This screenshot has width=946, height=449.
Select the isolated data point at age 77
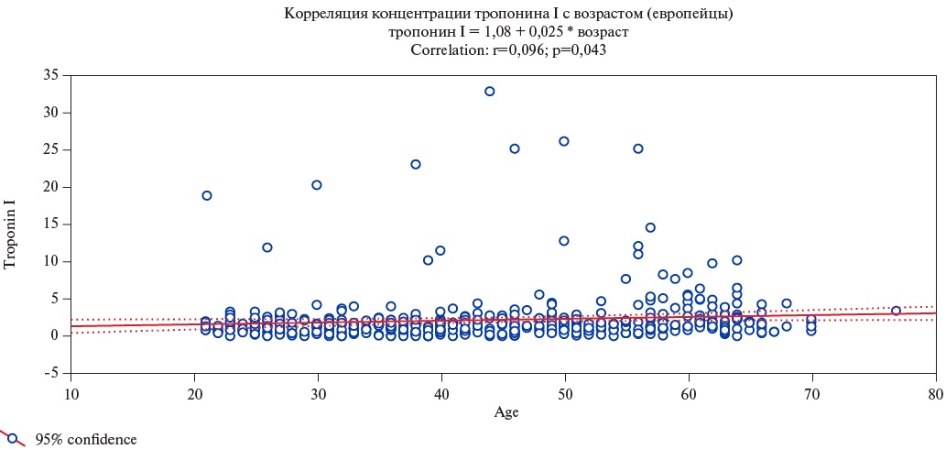(x=896, y=311)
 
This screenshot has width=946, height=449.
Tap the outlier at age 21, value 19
(x=207, y=195)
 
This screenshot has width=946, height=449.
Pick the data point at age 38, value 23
(x=416, y=165)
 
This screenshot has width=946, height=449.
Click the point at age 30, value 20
(x=317, y=185)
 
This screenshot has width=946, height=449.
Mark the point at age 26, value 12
(x=267, y=247)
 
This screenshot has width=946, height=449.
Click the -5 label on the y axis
(x=52, y=374)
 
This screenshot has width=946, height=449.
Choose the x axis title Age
(x=506, y=412)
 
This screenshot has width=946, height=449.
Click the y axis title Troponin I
(x=12, y=224)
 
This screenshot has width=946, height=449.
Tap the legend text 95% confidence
(x=86, y=440)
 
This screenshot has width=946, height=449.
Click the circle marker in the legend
(x=13, y=438)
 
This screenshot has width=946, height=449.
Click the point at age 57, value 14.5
(x=650, y=228)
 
